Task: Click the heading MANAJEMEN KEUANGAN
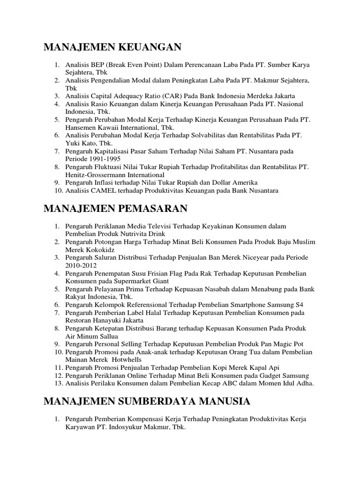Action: pyautogui.click(x=112, y=47)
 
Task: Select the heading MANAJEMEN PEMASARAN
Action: pyautogui.click(x=116, y=209)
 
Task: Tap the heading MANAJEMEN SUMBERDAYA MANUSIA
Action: pyautogui.click(x=147, y=401)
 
